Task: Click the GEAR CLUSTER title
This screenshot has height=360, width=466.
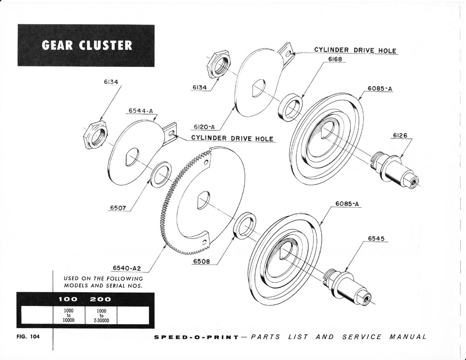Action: pyautogui.click(x=87, y=45)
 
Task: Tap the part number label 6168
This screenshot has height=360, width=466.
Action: pyautogui.click(x=336, y=60)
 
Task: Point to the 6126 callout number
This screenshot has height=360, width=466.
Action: pyautogui.click(x=400, y=136)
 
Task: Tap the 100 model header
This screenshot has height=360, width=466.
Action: pyautogui.click(x=68, y=299)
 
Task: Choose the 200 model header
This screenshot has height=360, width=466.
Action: pyautogui.click(x=101, y=299)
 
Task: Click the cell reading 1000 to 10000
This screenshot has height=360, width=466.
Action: pyautogui.click(x=69, y=314)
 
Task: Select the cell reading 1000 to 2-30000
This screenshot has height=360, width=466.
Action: pyautogui.click(x=101, y=314)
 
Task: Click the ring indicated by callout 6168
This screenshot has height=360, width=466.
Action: pyautogui.click(x=290, y=106)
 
